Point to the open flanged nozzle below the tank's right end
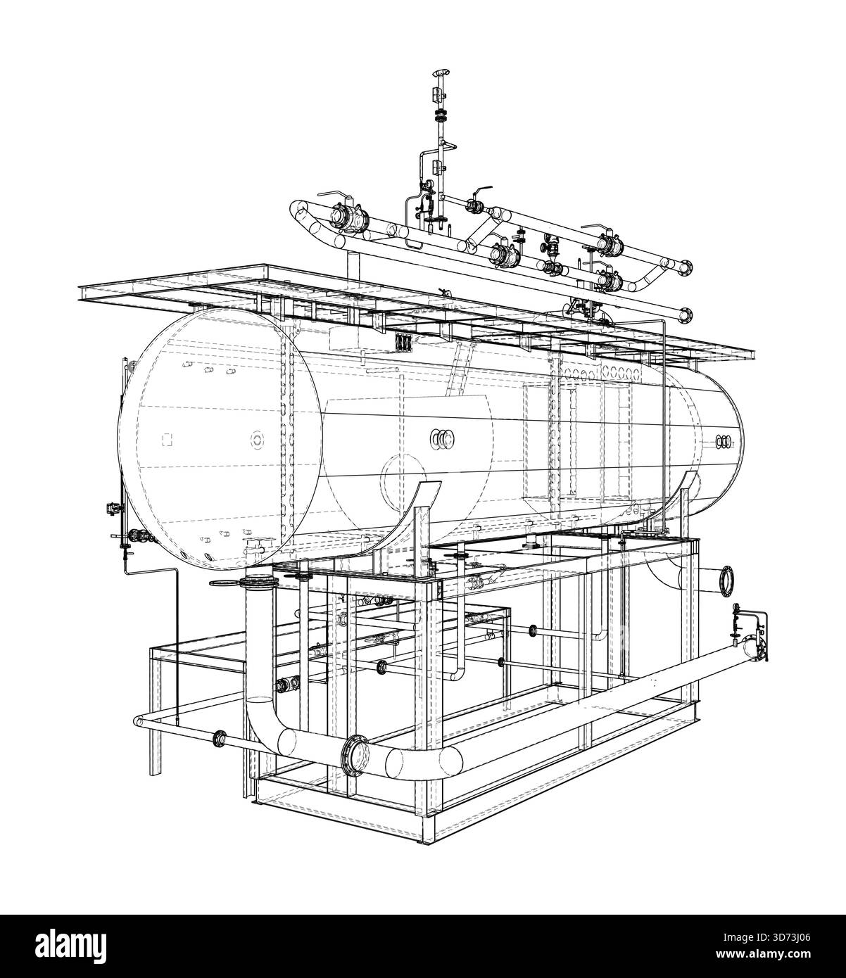[724, 580]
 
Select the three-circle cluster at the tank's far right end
[724, 441]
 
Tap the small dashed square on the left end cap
[167, 440]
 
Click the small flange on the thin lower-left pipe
[220, 738]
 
